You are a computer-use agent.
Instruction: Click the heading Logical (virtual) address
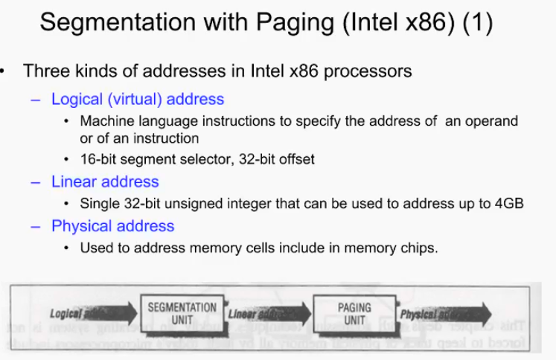(138, 99)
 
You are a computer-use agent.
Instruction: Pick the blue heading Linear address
(105, 181)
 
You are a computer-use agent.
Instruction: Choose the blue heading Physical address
(112, 226)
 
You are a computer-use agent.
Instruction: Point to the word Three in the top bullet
(44, 72)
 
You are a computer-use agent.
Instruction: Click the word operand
(493, 121)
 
